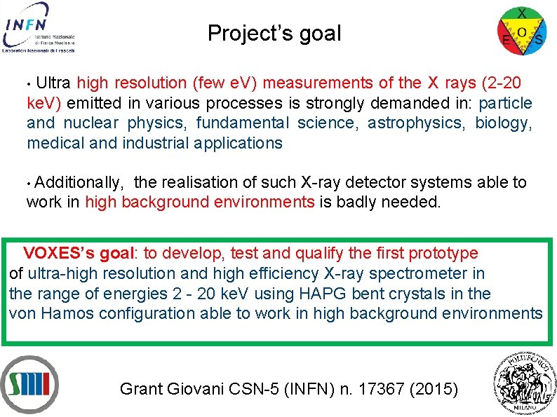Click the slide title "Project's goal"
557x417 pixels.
coord(274,33)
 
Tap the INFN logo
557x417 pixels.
coord(39,27)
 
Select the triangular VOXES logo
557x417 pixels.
coord(521,30)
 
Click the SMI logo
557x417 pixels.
coord(29,384)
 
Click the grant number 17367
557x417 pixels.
coord(382,388)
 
